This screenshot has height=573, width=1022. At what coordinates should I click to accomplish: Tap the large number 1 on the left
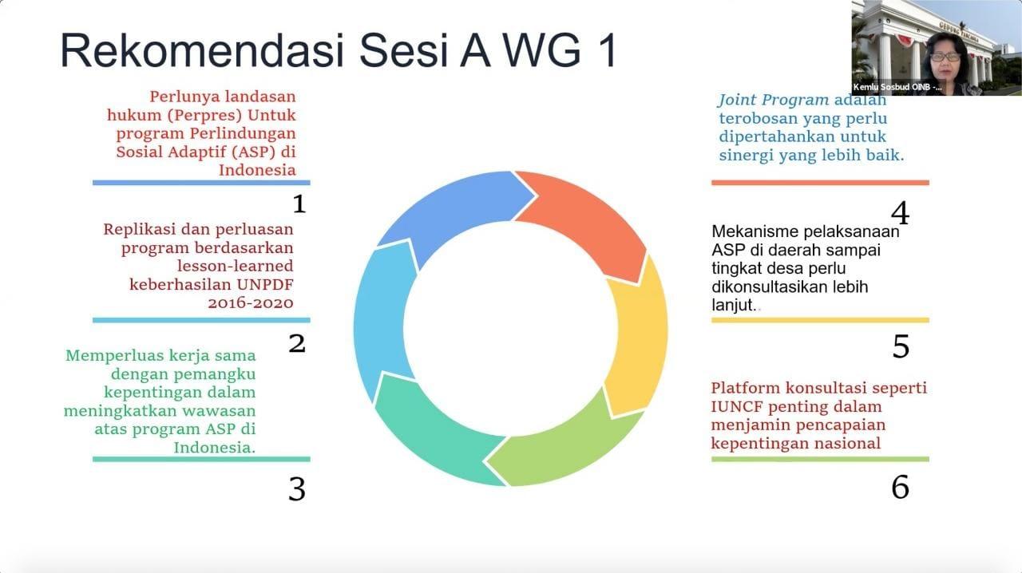click(299, 204)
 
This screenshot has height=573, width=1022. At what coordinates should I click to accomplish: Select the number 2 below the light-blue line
click(296, 343)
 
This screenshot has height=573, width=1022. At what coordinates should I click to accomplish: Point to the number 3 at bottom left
click(296, 489)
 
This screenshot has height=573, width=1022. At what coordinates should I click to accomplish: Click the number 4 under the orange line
click(900, 213)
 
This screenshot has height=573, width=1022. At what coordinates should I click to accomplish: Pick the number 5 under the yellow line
click(901, 346)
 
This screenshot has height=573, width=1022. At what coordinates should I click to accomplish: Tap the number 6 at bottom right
click(900, 487)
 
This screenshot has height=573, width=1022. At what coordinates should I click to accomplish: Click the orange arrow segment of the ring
click(588, 219)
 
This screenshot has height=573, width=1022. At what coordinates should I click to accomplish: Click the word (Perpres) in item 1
click(204, 116)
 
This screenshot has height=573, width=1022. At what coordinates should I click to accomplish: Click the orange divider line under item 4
click(820, 183)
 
